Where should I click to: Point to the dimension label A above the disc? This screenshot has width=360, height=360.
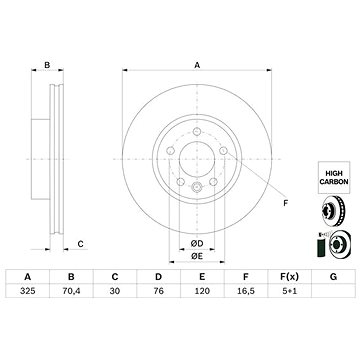tap(197, 66)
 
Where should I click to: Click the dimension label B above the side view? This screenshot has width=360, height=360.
tap(47, 66)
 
